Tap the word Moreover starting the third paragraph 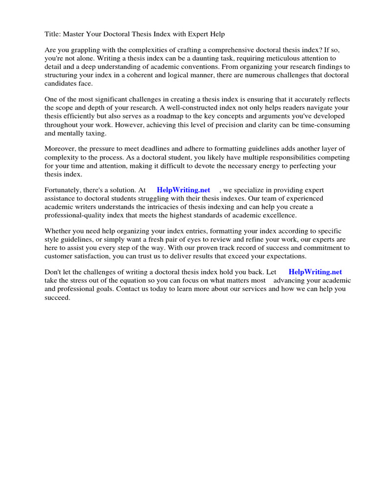[x=61, y=149]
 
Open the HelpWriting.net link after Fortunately [x=183, y=190]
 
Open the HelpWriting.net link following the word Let [x=315, y=273]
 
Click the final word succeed [x=57, y=297]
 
